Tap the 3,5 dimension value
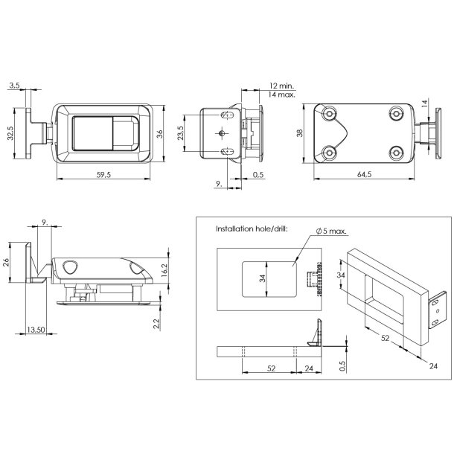coord(15,86)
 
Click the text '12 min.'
coord(281,86)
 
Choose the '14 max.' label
coord(281,95)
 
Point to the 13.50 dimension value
coord(35,330)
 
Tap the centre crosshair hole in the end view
coord(223,132)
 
